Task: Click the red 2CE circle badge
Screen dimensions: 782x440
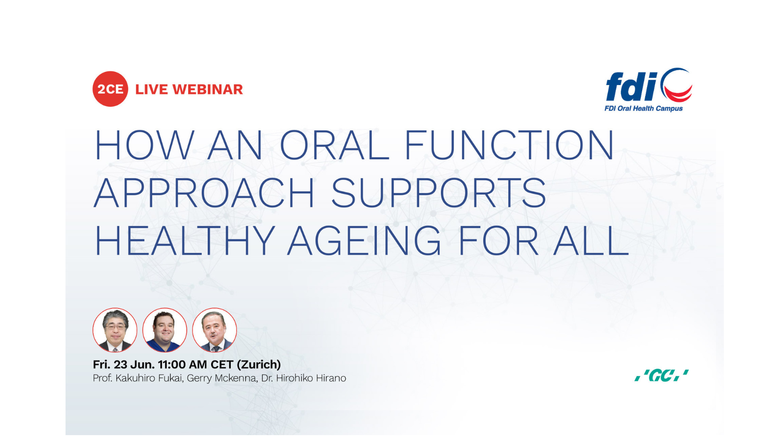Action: [110, 89]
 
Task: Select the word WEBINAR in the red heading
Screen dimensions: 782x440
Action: [208, 89]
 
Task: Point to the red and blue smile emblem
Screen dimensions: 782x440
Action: [677, 85]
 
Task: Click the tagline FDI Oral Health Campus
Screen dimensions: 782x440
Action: [643, 109]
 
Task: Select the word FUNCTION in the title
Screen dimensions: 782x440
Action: [509, 145]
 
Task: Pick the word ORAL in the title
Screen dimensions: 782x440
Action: [334, 145]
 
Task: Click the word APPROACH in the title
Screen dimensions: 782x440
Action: [204, 193]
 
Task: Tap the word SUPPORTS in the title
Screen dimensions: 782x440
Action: [438, 193]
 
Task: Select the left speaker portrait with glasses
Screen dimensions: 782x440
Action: [115, 330]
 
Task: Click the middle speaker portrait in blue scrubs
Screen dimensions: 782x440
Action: [165, 330]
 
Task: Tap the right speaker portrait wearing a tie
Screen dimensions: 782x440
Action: [215, 330]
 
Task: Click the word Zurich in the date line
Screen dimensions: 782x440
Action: [259, 365]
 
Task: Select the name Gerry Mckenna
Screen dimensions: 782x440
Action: [222, 378]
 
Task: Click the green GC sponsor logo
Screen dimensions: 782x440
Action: [662, 375]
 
